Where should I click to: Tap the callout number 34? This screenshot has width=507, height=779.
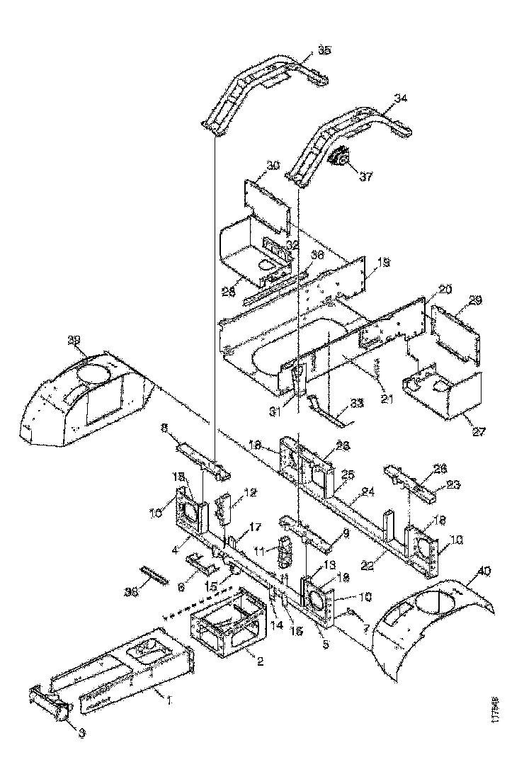[x=400, y=98]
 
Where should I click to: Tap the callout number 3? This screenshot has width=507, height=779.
[x=81, y=734]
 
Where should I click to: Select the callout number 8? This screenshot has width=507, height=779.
[x=164, y=428]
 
